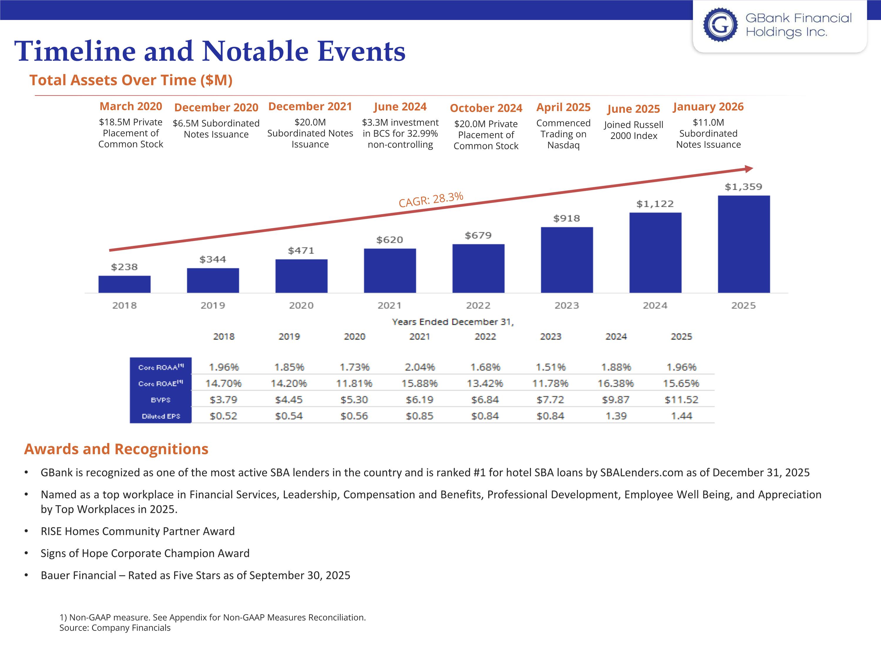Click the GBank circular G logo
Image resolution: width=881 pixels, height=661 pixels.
(720, 25)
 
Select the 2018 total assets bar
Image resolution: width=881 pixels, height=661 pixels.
(124, 284)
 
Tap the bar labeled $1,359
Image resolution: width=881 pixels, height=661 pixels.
(744, 244)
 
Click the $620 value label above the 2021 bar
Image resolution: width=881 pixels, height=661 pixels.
(389, 240)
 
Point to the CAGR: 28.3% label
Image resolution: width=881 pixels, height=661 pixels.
(431, 199)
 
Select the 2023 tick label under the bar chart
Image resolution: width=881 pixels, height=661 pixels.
(566, 306)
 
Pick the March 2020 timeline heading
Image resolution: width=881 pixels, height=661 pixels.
(131, 106)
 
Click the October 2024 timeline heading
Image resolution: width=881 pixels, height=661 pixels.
(486, 108)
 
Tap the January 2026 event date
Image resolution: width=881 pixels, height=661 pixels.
(708, 107)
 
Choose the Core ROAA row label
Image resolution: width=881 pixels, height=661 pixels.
(161, 367)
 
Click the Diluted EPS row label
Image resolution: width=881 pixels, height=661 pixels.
(161, 416)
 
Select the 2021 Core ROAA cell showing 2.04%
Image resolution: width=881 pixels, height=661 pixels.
(419, 367)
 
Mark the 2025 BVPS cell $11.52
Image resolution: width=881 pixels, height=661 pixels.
(681, 400)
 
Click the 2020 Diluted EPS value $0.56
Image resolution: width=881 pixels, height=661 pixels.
(354, 416)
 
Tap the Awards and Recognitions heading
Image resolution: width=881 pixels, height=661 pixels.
(116, 449)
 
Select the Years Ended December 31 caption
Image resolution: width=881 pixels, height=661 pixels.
(453, 322)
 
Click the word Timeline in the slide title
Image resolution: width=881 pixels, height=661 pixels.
(75, 51)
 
